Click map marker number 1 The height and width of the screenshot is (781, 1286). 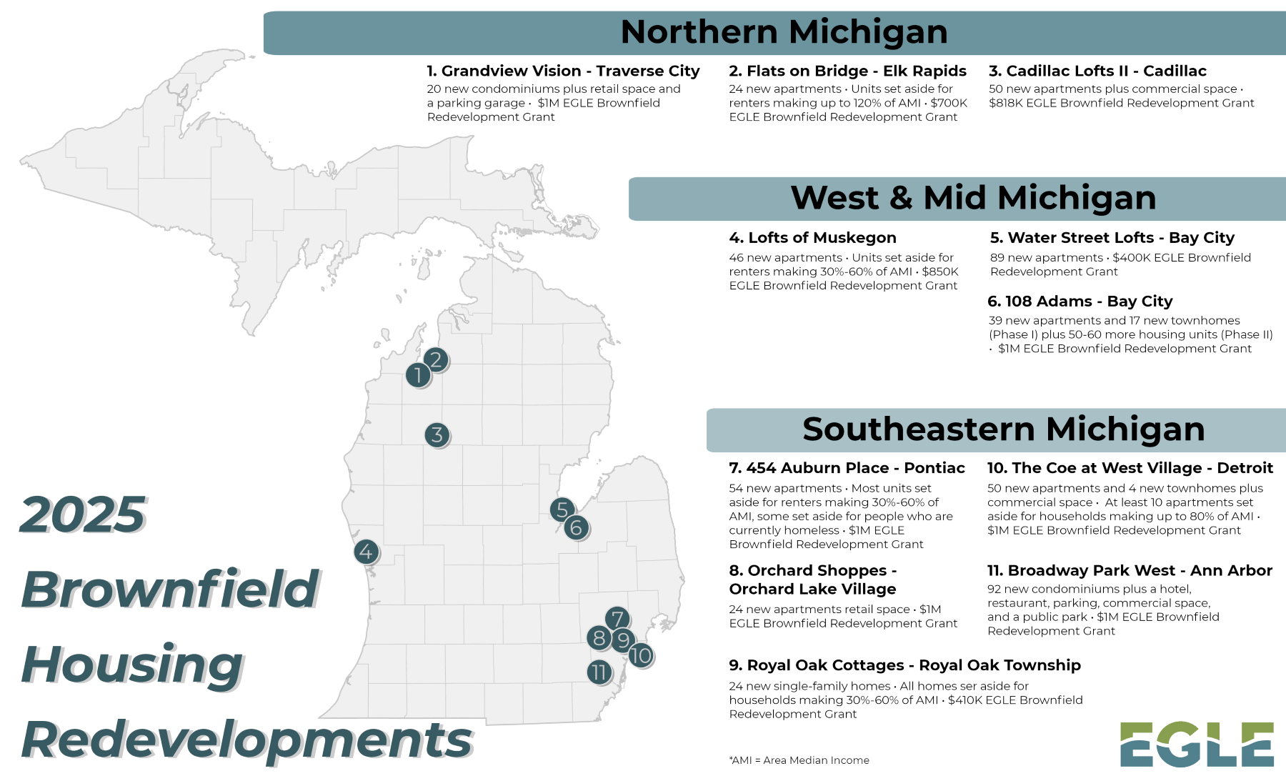[x=419, y=375]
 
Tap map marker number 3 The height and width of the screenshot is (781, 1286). [x=437, y=434]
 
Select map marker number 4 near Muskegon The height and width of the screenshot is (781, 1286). [x=367, y=552]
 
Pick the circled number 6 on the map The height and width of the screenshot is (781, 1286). [x=577, y=528]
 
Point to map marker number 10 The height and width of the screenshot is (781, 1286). [x=641, y=655]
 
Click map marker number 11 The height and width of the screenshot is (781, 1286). [x=599, y=672]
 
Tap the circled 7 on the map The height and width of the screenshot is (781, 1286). [x=618, y=619]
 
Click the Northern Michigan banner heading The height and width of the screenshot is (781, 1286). [x=784, y=32]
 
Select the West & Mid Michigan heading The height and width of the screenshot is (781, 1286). [x=973, y=198]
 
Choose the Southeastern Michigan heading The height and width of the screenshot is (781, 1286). [x=1003, y=429]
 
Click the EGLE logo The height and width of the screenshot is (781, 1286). [x=1197, y=745]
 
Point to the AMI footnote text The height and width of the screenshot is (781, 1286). [x=799, y=760]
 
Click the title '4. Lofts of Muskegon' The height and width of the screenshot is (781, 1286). [x=812, y=238]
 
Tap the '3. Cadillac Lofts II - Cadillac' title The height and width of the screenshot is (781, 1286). [x=1097, y=71]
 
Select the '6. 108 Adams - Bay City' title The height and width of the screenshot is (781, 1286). [x=1080, y=302]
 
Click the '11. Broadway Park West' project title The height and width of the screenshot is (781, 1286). [x=1130, y=571]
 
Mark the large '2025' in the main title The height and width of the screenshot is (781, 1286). [x=83, y=514]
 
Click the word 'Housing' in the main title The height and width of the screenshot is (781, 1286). [x=133, y=665]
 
